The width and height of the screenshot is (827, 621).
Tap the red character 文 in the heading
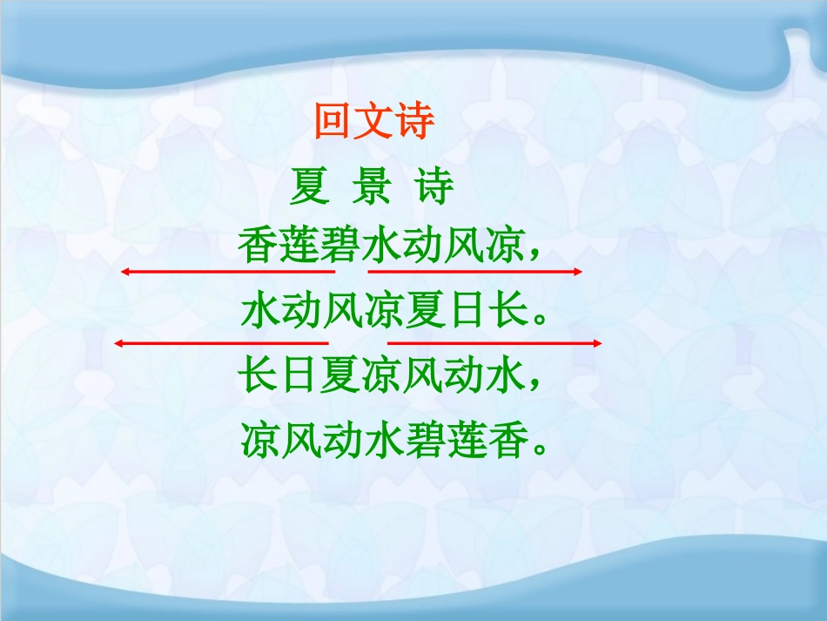click(374, 123)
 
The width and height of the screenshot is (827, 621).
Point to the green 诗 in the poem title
click(435, 187)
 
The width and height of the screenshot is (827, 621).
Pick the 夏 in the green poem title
click(309, 187)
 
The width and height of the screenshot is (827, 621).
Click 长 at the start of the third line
click(258, 376)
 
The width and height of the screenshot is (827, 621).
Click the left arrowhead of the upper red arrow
click(125, 273)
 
